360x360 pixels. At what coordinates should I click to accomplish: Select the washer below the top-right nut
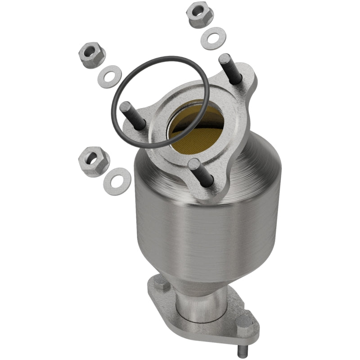coord(213,39)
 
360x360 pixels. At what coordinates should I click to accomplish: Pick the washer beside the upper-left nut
coord(109,77)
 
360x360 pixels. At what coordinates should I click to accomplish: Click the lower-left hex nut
coord(94,161)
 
